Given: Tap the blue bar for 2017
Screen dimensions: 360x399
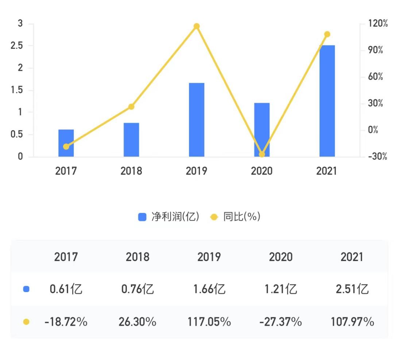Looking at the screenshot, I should pos(66,143).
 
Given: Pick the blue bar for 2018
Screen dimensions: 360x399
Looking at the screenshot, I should pos(131,140).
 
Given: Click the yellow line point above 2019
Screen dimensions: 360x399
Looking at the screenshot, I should pos(197,26).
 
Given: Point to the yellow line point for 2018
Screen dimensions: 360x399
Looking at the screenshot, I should pos(131,107).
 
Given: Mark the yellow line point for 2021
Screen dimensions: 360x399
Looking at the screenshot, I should pos(327,34).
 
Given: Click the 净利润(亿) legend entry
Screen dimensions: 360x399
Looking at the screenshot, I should pos(169,217).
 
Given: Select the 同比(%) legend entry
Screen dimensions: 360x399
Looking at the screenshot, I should pos(236,217).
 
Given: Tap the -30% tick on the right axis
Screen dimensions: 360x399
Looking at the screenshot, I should pos(378,157).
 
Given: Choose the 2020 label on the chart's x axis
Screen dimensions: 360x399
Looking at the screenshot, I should pos(262,171).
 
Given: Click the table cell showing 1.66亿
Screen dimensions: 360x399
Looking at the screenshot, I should pos(209,290).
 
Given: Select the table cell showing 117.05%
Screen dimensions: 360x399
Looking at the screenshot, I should pos(209,322).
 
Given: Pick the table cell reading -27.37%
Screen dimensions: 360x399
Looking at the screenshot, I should pos(280,322).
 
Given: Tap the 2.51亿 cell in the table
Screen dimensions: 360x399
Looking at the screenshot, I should pos(352,290).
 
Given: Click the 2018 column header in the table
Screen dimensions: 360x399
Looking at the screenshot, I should pos(137,257).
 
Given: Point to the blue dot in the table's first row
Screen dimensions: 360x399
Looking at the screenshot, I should pos(26,290).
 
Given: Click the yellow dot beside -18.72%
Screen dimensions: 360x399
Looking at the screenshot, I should pos(26,322).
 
